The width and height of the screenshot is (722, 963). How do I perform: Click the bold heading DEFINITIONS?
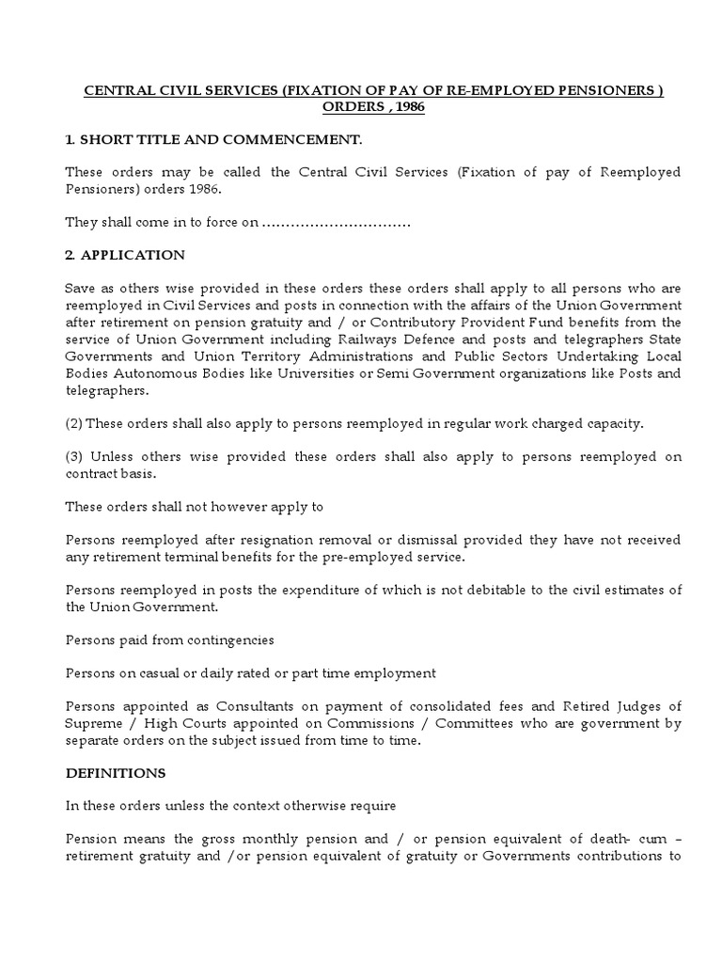pyautogui.click(x=116, y=772)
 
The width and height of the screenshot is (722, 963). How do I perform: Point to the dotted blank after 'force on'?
pyautogui.click(x=336, y=223)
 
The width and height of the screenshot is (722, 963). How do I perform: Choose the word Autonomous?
pyautogui.click(x=155, y=373)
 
